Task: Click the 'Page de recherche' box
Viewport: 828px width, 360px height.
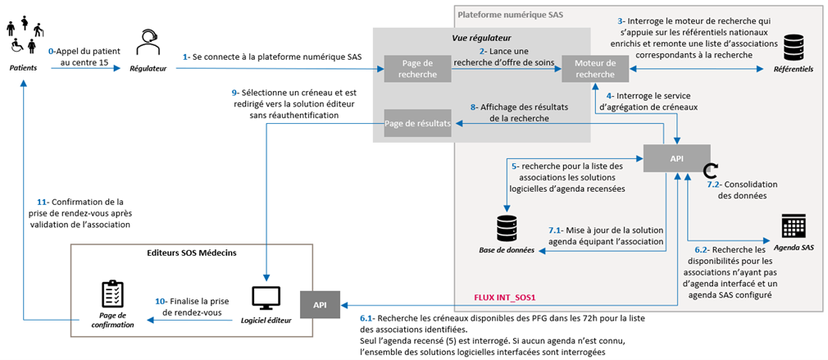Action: (x=412, y=69)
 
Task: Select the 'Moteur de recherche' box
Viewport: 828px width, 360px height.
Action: (x=594, y=69)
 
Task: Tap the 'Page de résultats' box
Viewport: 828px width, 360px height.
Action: (x=417, y=124)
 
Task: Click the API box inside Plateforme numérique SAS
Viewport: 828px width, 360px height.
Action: (x=676, y=157)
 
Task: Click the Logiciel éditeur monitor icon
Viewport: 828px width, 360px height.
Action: (x=266, y=298)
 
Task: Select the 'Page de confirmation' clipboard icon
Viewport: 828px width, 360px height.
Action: (x=111, y=294)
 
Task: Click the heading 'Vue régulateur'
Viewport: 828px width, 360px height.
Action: (x=481, y=38)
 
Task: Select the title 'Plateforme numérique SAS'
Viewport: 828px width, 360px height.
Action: (x=510, y=15)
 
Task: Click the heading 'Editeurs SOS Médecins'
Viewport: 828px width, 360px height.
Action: (x=192, y=253)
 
